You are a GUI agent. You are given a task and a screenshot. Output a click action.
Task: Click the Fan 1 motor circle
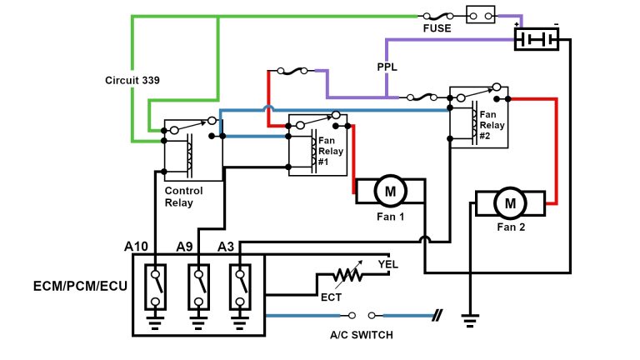(389, 191)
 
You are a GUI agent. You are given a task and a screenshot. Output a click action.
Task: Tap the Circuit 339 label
(132, 81)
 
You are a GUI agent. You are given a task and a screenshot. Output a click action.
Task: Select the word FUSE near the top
(437, 28)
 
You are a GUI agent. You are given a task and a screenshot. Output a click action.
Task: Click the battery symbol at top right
(536, 39)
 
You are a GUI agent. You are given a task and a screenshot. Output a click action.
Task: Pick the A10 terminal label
(136, 246)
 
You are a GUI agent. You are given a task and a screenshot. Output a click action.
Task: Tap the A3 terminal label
(226, 246)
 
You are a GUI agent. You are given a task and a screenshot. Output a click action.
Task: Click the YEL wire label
(388, 264)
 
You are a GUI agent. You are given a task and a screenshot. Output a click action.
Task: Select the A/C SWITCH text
(361, 334)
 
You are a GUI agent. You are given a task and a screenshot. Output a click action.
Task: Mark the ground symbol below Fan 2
(471, 317)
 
